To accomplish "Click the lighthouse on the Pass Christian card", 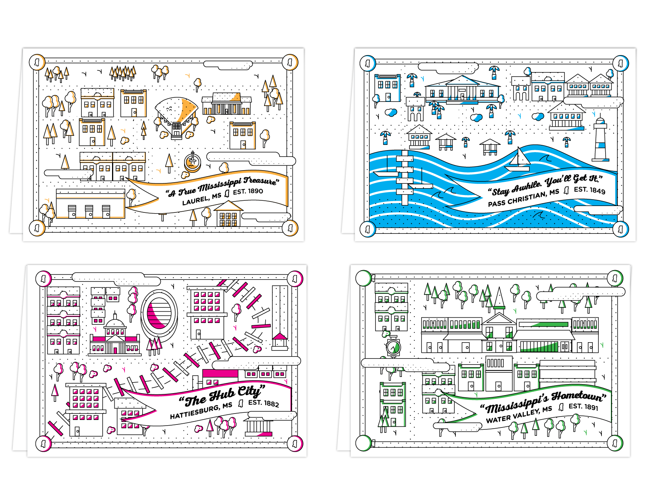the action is pos(600,140).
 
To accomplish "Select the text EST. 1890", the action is pos(248,192).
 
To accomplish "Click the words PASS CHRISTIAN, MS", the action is pos(523,198).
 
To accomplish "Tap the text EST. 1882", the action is pos(263,403).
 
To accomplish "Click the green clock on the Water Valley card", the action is pos(393,347).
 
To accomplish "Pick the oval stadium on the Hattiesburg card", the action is pos(159,313).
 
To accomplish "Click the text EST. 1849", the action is pos(589,190).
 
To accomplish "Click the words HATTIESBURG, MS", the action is pos(201,411).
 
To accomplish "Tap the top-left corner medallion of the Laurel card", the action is pos(37,62).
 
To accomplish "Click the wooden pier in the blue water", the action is pos(405,177).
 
